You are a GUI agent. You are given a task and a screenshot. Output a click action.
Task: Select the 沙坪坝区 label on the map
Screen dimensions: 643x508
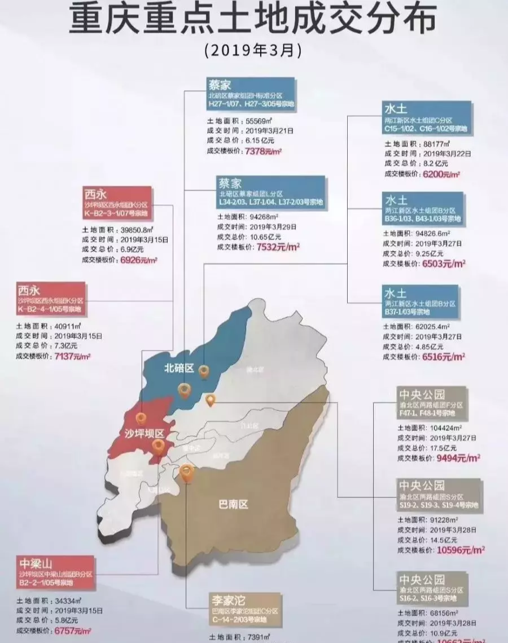click(144, 433)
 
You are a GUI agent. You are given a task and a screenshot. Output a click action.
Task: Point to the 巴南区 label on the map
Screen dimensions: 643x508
click(233, 504)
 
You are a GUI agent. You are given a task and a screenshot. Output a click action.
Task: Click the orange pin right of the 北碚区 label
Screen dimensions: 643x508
click(204, 371)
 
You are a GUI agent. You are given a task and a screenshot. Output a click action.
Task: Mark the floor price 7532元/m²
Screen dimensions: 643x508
click(278, 247)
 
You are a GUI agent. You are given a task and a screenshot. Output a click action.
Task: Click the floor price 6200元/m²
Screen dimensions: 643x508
click(442, 174)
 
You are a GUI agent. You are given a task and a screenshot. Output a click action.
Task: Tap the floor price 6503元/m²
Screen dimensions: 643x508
click(444, 264)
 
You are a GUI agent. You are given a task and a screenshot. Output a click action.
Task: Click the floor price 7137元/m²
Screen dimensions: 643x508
click(72, 356)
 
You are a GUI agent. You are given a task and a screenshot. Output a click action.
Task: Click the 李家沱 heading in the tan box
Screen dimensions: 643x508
click(227, 600)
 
